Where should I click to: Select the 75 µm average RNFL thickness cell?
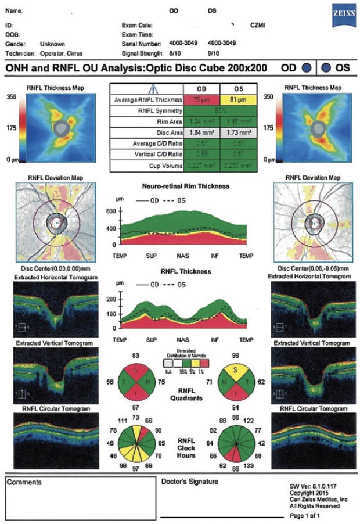[201, 101]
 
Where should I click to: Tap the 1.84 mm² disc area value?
[201, 132]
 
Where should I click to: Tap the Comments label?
[24, 482]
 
